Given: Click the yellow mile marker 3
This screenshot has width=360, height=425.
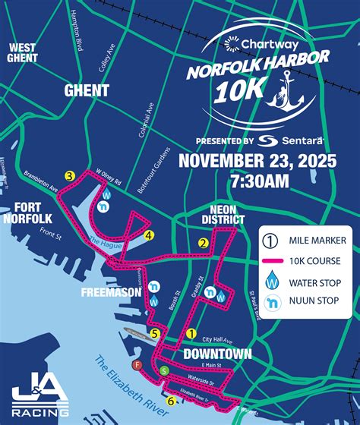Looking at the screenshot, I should click(x=69, y=177).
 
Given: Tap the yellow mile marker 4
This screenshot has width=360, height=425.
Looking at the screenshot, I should click(x=149, y=235).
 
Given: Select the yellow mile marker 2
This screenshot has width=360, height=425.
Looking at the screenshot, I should click(x=203, y=244).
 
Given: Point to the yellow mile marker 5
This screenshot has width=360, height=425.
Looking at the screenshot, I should click(x=154, y=332).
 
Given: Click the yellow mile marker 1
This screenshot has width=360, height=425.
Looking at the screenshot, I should click(x=191, y=332).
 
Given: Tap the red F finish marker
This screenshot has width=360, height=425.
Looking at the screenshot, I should click(x=137, y=365).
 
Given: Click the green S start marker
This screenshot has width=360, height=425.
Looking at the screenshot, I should click(x=165, y=370).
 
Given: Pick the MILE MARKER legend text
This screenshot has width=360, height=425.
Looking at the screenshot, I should click(x=317, y=241).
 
